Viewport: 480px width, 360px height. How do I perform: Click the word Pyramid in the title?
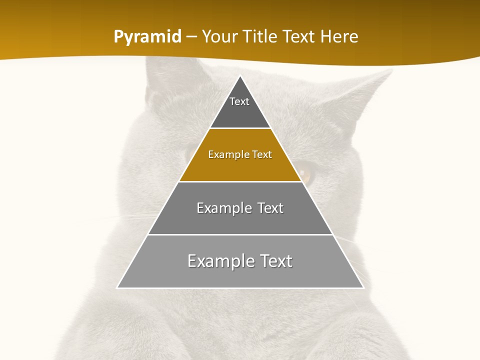[147, 37]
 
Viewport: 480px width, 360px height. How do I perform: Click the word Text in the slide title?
[299, 36]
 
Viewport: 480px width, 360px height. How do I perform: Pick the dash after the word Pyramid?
[191, 37]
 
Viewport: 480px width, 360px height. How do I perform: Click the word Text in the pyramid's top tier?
[239, 101]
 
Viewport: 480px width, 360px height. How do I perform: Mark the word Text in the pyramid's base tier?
[274, 261]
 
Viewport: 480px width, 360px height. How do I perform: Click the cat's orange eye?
[305, 174]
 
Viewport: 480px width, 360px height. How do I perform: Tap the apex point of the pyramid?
[240, 76]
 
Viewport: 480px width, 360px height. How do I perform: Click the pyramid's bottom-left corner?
[117, 287]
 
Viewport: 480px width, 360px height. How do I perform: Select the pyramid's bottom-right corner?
[363, 287]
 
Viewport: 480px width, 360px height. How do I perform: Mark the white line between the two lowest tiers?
[240, 234]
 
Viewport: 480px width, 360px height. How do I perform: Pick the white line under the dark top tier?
[240, 128]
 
